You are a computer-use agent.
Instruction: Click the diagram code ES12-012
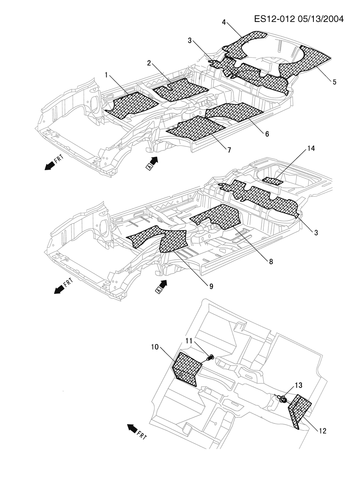tap(274, 19)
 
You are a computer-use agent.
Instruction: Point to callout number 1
tap(107, 75)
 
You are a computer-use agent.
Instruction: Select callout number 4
tap(224, 22)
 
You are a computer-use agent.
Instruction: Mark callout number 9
tap(211, 286)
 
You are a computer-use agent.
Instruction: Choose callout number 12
tap(322, 431)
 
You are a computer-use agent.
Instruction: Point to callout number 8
tap(271, 261)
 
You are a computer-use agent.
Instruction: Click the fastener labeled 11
tap(210, 358)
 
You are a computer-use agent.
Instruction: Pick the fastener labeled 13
tap(282, 399)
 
